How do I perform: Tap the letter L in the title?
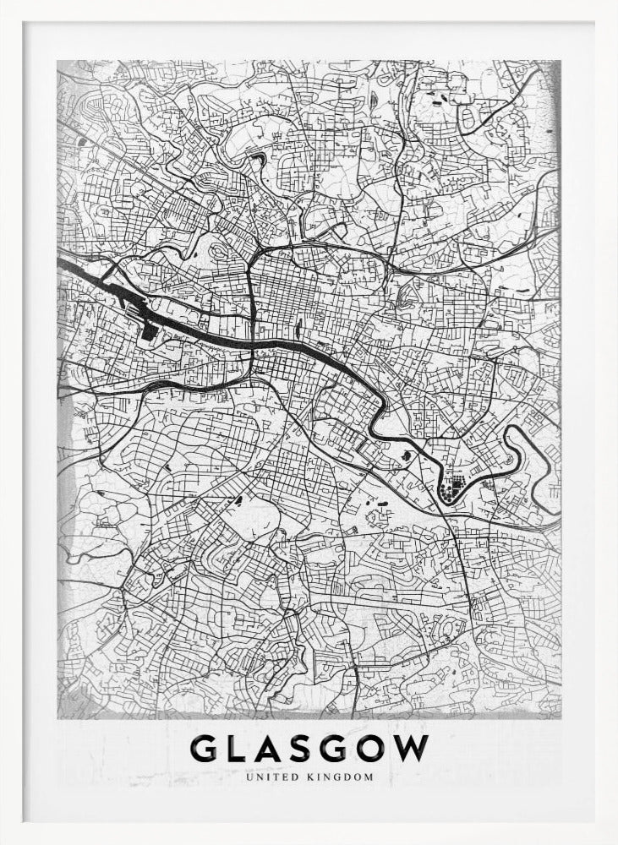pos(243,748)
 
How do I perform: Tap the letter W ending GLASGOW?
pos(415,748)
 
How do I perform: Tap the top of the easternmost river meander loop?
pos(519,430)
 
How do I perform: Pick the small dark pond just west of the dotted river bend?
pos(409,457)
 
